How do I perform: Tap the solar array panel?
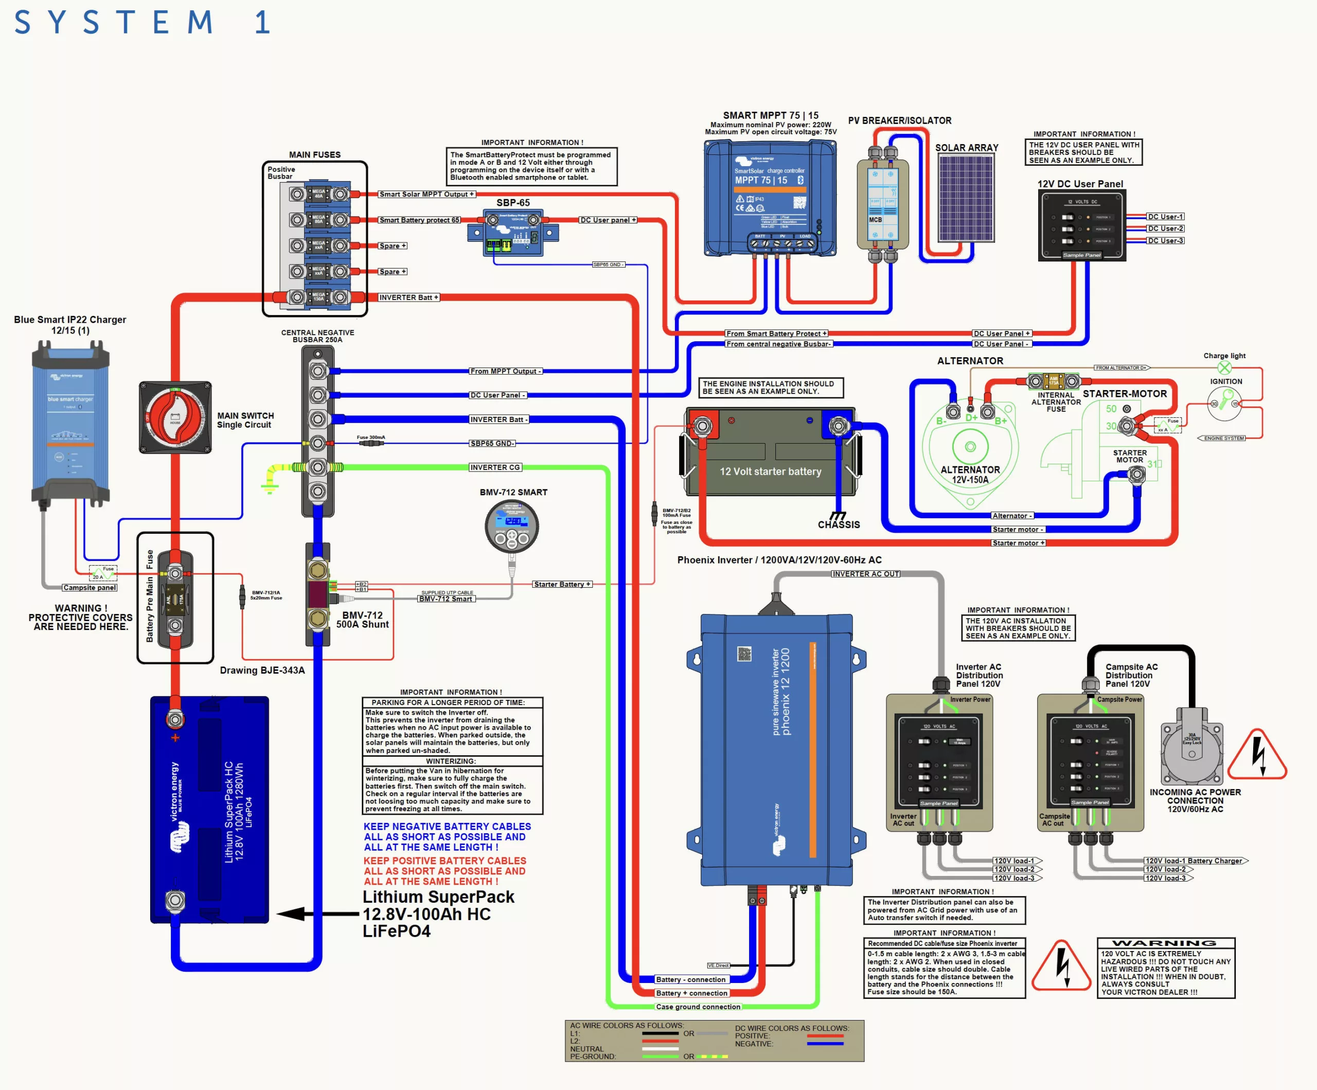(x=965, y=198)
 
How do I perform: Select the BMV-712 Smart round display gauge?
(x=512, y=525)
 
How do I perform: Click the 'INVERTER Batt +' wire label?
(x=408, y=297)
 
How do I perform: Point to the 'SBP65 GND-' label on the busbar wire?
(x=492, y=444)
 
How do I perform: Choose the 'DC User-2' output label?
(x=1165, y=228)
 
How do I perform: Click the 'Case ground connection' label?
(x=698, y=1007)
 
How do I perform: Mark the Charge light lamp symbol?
(x=1224, y=368)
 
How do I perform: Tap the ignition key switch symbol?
(x=1224, y=402)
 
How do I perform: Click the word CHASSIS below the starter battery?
(x=839, y=524)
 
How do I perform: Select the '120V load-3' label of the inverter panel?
(x=1014, y=878)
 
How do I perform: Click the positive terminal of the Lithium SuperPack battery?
(x=175, y=719)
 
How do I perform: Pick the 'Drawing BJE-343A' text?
(x=262, y=670)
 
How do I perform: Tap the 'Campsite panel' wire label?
(x=90, y=588)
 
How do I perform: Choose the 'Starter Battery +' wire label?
(x=562, y=584)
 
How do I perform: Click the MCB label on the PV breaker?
(x=876, y=220)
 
